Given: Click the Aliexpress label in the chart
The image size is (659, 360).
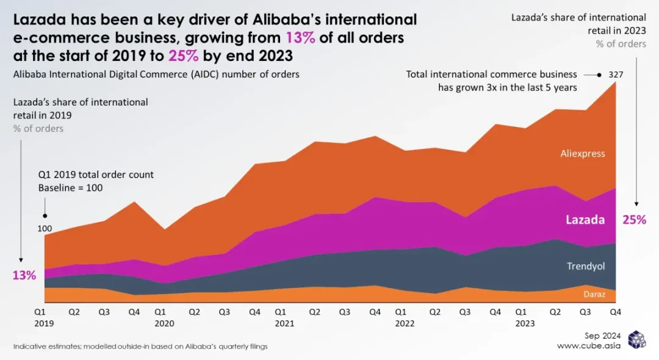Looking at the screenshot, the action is point(583,154).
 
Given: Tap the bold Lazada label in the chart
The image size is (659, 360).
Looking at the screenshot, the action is point(585,220).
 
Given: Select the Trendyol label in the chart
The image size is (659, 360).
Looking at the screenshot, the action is point(586,266).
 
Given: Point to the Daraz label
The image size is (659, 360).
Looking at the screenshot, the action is point(594,294).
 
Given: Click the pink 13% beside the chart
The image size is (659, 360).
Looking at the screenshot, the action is point(24,276).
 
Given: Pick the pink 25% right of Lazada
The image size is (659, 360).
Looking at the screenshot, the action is point(634,220).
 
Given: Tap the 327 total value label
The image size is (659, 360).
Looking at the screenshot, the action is point(616,75).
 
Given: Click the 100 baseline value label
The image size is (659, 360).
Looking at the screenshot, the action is point(45,229).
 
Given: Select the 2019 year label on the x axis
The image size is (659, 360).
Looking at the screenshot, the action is point(44,323).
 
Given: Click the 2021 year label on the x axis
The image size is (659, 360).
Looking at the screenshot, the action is point(284,323).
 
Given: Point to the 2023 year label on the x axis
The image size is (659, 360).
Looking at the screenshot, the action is point(525,323).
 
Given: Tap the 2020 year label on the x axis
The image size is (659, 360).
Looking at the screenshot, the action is point(164,323).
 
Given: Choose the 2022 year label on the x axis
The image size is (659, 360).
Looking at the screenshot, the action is point(405,323).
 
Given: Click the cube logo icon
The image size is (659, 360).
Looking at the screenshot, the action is point(636,339).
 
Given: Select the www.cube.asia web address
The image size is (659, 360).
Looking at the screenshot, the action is point(589,346).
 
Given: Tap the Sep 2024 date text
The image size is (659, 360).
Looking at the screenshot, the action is point(602,336).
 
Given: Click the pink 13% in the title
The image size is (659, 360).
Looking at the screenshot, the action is point(300,38).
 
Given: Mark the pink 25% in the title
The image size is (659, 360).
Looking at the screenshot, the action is point(184,56).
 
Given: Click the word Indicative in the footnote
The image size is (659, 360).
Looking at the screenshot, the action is point(27,347).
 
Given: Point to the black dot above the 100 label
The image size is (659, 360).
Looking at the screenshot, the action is point(45,216).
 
